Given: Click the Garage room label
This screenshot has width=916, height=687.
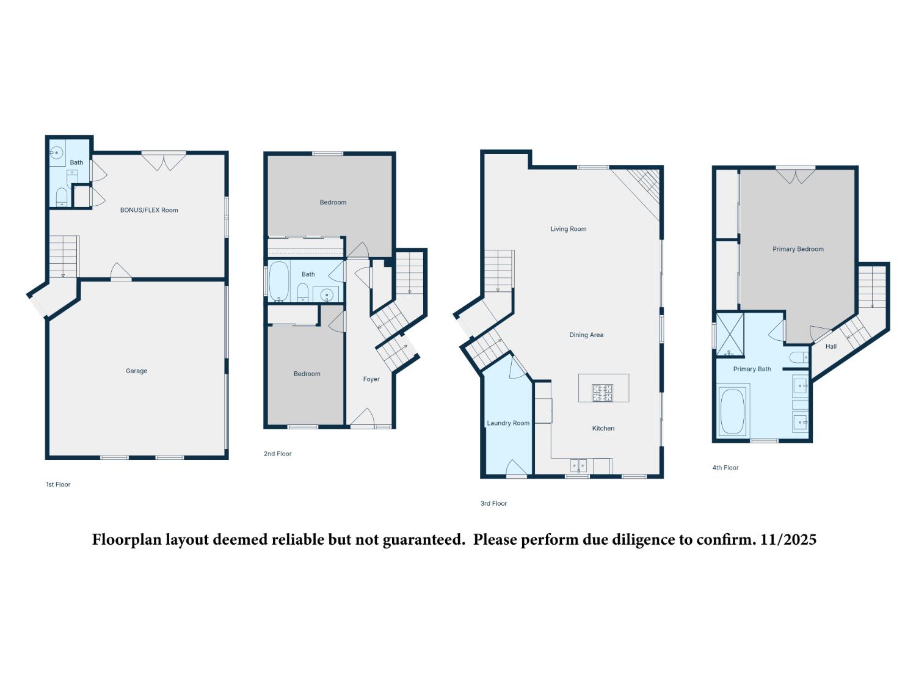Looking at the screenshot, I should click(x=136, y=371).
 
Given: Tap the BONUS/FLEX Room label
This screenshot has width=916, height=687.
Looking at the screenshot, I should click(x=149, y=210).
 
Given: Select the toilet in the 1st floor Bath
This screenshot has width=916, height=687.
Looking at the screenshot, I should click(x=61, y=197).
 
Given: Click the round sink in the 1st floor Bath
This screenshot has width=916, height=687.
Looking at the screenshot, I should click(x=57, y=153).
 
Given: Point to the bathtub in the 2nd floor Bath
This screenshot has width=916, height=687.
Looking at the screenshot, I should click(x=278, y=282).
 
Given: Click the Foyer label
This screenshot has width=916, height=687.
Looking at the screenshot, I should click(x=371, y=379).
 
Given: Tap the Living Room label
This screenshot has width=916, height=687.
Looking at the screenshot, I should click(x=568, y=229).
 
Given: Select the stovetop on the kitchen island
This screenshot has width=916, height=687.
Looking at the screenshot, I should click(x=602, y=392).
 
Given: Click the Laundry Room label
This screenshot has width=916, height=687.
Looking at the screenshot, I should click(x=508, y=423).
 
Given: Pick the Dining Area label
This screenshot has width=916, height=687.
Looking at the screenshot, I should click(x=586, y=335).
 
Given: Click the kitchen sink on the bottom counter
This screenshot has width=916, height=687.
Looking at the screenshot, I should click(x=578, y=466).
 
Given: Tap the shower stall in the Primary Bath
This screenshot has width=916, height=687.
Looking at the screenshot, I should click(x=730, y=334).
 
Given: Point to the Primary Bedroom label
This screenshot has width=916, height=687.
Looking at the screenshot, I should click(x=798, y=249).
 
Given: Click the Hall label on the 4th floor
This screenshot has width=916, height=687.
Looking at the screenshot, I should click(x=831, y=346).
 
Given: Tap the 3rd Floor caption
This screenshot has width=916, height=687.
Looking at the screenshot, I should click(x=493, y=504).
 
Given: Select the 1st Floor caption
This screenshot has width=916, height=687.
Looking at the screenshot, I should click(x=59, y=484).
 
